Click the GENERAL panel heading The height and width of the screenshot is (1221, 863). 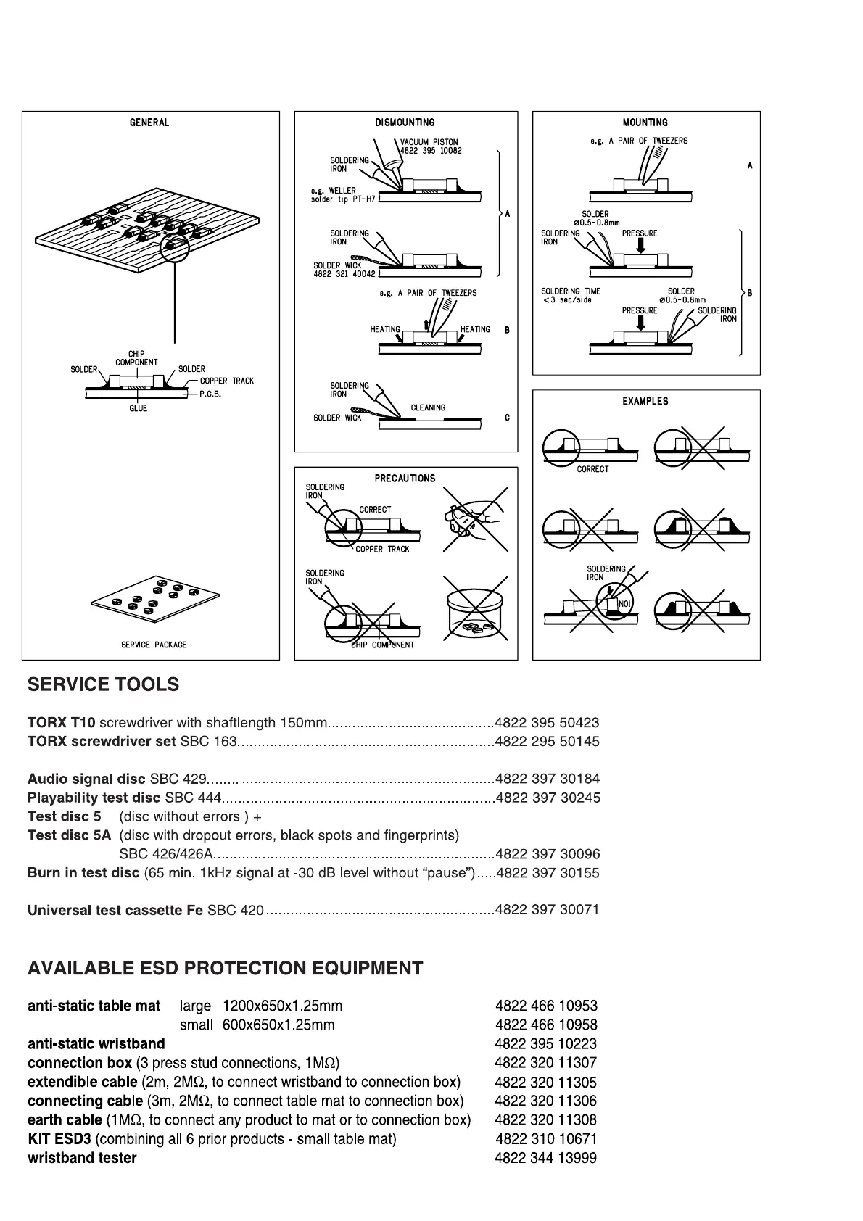click(149, 123)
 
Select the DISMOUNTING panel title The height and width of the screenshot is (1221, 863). click(405, 123)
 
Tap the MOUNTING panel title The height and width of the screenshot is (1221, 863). click(645, 123)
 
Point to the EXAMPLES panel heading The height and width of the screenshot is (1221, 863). click(645, 401)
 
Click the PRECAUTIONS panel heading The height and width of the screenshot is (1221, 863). click(405, 479)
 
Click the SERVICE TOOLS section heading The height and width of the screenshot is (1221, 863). click(103, 684)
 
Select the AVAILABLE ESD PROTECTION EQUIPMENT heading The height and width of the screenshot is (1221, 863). click(225, 968)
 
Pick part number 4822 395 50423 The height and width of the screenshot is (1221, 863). click(547, 723)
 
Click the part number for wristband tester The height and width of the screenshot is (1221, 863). click(546, 1158)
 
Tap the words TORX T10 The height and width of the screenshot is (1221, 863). click(61, 723)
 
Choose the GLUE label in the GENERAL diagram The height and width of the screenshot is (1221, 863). click(138, 409)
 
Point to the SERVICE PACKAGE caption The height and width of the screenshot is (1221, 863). click(154, 645)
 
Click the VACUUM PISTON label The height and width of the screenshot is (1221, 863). click(429, 142)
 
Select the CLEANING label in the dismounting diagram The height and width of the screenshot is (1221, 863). click(428, 407)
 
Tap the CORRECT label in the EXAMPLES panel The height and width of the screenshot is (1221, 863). click(592, 469)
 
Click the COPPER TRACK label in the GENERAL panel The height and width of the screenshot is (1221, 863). click(227, 381)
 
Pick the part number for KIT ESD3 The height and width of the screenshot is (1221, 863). click(546, 1139)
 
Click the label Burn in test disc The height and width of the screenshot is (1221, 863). click(83, 873)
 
